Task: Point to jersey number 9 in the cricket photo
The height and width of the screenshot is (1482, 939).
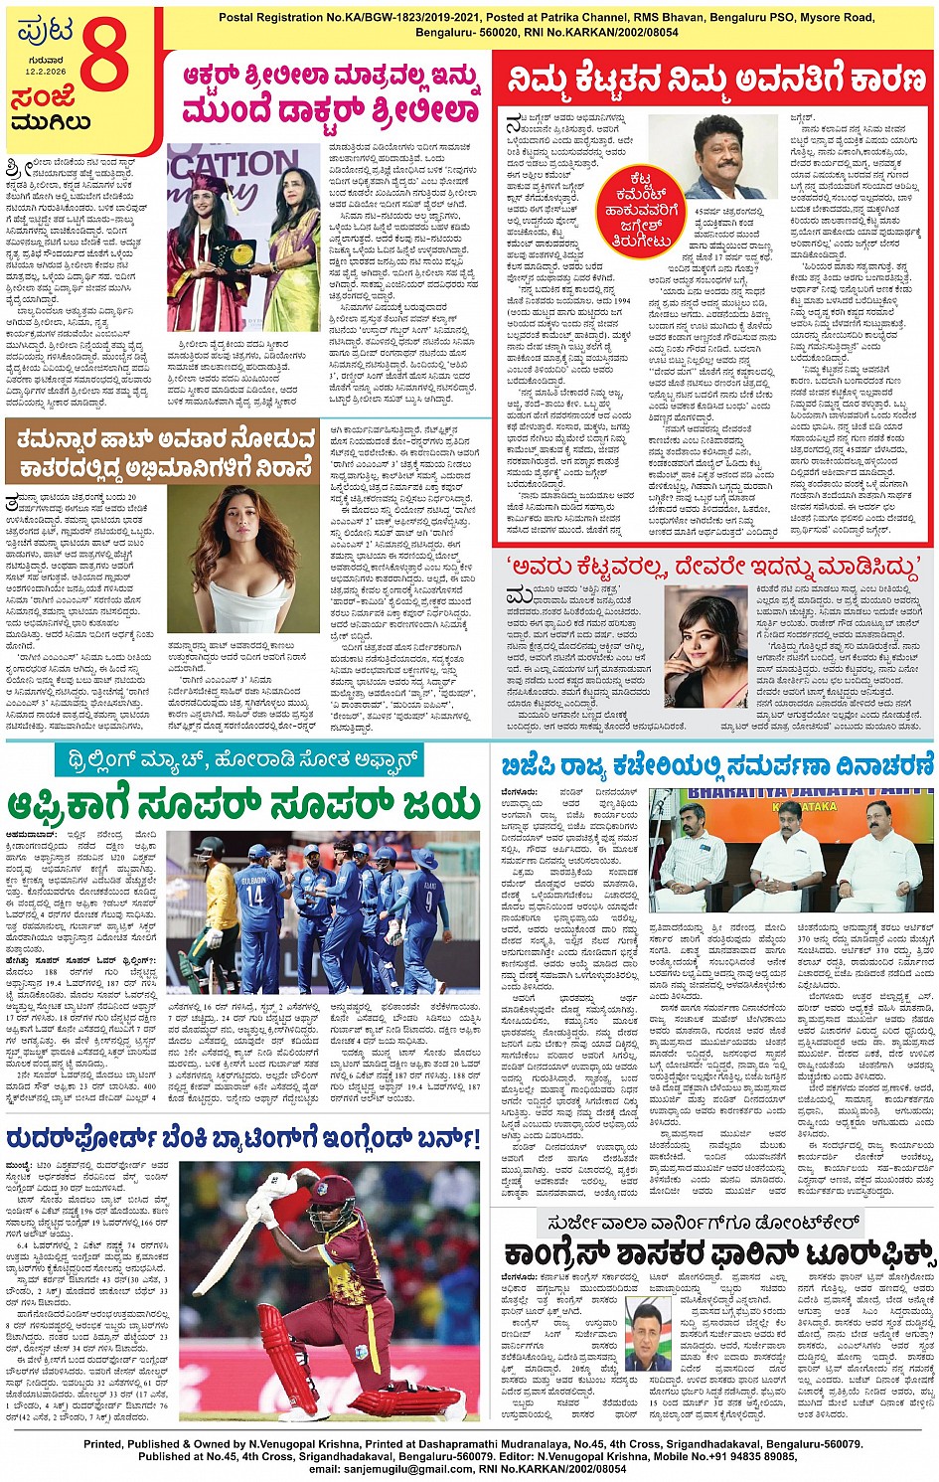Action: click(x=429, y=902)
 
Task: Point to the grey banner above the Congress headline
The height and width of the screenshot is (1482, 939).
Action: click(x=719, y=1223)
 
